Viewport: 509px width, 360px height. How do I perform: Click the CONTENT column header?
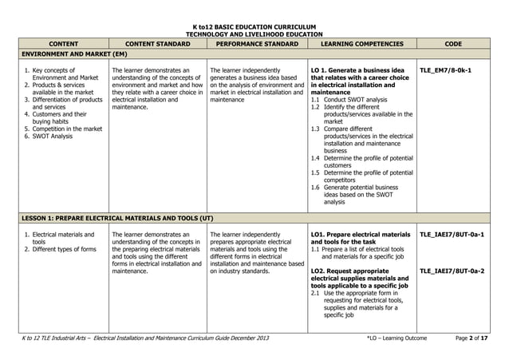click(62, 45)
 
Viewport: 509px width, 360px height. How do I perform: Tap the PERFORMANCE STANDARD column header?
click(256, 45)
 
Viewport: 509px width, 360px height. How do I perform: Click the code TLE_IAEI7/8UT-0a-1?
click(452, 235)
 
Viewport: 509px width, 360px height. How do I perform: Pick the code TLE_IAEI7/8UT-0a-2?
click(452, 271)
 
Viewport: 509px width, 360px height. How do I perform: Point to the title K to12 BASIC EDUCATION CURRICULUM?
click(254, 27)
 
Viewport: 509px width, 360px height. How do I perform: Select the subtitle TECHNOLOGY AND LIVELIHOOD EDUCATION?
click(254, 35)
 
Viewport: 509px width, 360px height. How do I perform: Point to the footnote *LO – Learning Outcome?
click(397, 338)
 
